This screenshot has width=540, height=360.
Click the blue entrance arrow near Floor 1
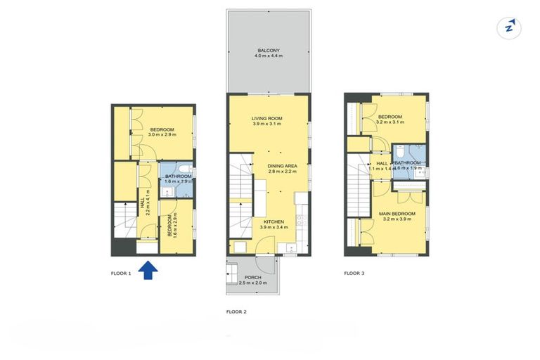(x=148, y=271)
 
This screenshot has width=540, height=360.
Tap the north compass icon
(x=508, y=27)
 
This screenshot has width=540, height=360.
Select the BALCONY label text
(x=268, y=51)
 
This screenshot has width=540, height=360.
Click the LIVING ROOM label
(x=266, y=117)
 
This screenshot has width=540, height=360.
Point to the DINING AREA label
(x=282, y=166)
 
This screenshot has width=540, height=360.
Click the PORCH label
(x=252, y=278)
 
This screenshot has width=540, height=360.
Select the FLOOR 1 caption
(x=121, y=273)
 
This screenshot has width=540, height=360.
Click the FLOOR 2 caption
(x=236, y=311)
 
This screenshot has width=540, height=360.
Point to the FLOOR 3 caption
(x=353, y=273)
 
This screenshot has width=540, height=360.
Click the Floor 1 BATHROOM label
(x=178, y=176)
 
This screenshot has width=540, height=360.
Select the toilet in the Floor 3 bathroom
(x=398, y=151)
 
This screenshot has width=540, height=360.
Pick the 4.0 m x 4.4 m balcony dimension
(x=268, y=56)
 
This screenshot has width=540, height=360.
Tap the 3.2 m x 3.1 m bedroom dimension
(x=390, y=122)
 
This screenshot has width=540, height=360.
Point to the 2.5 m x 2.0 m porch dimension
(x=252, y=283)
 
